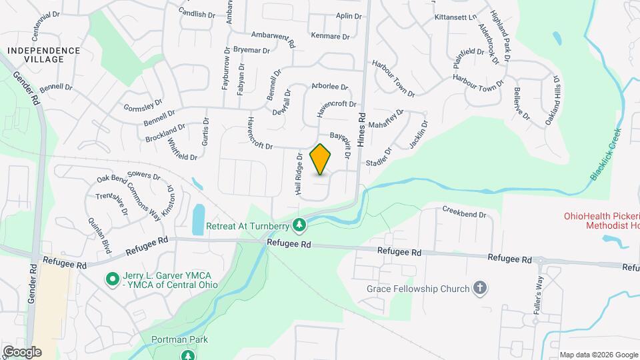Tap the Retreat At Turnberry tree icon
tap(300, 226)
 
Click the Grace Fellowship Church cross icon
tap(479, 289)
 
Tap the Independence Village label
tap(44, 55)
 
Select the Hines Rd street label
tap(361, 128)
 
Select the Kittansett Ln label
tap(456, 17)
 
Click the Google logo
tap(21, 351)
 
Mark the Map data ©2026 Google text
tap(597, 355)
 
